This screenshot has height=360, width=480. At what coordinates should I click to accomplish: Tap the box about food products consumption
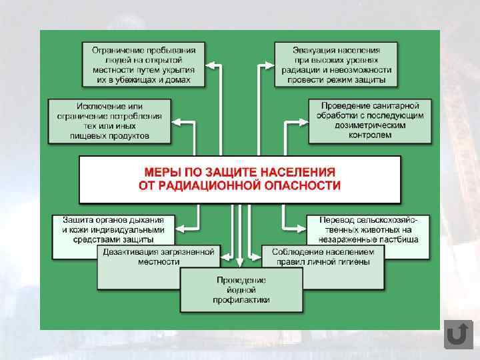(109, 121)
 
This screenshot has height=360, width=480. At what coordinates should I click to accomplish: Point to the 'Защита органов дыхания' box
(113, 229)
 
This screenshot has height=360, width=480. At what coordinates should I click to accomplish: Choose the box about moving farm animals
(369, 229)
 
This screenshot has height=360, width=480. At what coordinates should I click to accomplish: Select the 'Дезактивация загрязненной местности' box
(159, 257)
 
